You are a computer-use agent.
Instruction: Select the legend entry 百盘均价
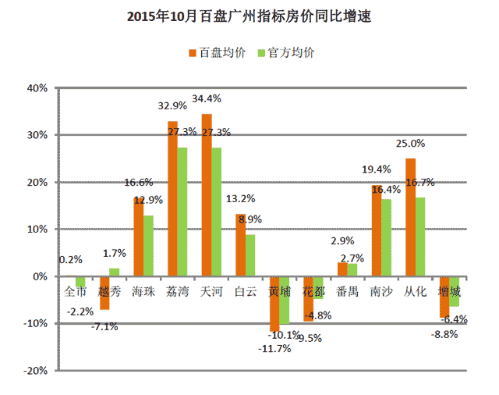pos(222,53)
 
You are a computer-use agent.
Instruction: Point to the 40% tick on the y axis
pos(37,87)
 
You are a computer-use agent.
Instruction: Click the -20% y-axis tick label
pos(35,371)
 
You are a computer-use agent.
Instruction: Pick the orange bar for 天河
pos(207,195)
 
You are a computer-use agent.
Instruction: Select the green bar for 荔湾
pos(182,212)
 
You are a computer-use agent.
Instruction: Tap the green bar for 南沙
pos(386,237)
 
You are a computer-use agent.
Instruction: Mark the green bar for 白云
pos(249,255)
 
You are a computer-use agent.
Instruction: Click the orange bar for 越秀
pos(104,293)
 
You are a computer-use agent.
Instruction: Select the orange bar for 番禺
pos(342,269)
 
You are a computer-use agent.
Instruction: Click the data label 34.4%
pos(207,99)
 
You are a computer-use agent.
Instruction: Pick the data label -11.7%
pos(274,348)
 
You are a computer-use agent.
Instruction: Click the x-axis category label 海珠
pos(143,291)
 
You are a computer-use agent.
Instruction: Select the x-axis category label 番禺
pos(347,291)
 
